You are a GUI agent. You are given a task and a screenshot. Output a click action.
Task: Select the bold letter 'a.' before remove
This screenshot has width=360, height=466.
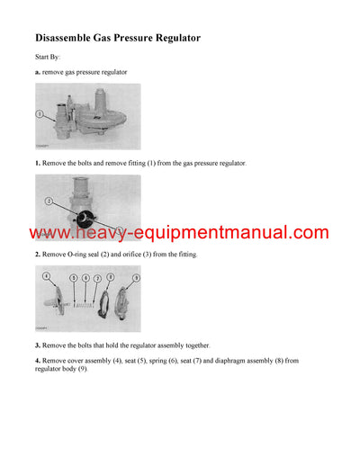(39, 71)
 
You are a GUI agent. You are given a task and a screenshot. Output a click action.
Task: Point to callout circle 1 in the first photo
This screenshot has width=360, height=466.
(40, 114)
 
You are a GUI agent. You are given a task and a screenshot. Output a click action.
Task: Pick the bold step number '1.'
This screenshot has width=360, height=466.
(38, 163)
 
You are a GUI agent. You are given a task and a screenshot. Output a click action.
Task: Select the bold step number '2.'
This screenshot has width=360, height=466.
(38, 255)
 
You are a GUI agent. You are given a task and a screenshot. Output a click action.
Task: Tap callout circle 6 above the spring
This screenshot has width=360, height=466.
(85, 279)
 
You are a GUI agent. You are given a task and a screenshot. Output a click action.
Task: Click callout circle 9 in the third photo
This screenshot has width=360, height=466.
(135, 279)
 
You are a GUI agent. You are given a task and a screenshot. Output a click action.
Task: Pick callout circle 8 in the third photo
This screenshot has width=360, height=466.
(110, 279)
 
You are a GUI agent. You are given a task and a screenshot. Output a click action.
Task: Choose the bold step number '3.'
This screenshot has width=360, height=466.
(38, 345)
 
